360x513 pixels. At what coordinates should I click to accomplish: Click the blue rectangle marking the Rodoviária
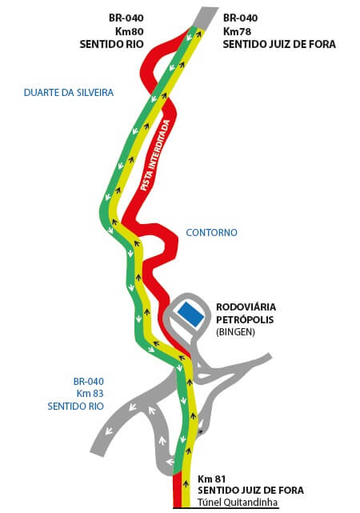(190, 314)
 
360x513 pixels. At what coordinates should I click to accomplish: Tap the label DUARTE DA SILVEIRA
(69, 93)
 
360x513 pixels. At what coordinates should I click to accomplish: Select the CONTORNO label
(211, 233)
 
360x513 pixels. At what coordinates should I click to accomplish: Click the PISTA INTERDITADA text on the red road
(155, 156)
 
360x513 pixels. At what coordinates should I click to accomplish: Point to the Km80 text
(129, 31)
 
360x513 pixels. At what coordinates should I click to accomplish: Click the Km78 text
(237, 31)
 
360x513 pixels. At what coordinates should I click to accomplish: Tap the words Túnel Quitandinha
(238, 502)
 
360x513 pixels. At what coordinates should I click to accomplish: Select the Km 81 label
(211, 479)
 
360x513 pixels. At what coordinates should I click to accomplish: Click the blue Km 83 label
(90, 393)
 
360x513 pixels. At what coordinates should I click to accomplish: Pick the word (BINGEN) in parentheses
(235, 332)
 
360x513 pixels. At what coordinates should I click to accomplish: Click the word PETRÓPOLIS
(245, 319)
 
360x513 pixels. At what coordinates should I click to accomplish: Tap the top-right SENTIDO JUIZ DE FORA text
(279, 44)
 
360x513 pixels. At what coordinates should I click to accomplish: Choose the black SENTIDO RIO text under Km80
(112, 44)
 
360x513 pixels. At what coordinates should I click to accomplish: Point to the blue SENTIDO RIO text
(75, 407)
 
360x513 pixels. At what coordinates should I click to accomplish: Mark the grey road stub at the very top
(206, 18)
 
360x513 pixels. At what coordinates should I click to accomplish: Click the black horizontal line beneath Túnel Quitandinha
(226, 508)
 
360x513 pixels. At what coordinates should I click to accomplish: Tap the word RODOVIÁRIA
(246, 307)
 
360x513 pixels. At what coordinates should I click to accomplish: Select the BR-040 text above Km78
(240, 18)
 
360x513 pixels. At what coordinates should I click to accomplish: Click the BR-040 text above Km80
(126, 18)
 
